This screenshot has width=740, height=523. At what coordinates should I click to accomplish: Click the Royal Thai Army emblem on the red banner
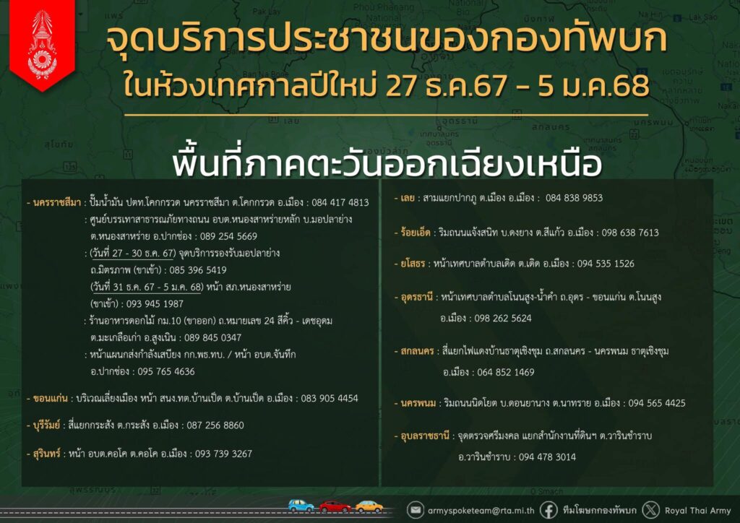pos(42,45)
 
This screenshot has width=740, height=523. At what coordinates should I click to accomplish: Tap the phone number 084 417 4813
pos(340,203)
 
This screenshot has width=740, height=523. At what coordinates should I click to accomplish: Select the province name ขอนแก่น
pos(51,399)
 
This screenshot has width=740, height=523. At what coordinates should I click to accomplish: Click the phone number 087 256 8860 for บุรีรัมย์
pos(215,425)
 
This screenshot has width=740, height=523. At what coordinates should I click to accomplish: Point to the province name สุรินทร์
pos(47,454)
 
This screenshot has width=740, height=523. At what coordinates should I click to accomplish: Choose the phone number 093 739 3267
pos(223,454)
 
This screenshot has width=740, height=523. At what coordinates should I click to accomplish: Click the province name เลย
pos(408,198)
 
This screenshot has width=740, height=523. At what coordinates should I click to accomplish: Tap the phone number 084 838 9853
pos(574,198)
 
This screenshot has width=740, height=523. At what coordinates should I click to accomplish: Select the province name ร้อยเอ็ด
pos(416,233)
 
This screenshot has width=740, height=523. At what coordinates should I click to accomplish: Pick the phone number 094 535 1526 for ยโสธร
pos(606,264)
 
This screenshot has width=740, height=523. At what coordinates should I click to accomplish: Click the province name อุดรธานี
pos(417,297)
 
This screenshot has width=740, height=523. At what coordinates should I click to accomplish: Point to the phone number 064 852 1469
pos(505,372)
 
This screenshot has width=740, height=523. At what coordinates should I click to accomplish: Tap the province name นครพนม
pos(418,403)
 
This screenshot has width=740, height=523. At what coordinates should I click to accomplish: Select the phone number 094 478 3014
pos(547,457)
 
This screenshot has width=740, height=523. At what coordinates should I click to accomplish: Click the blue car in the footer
pos(301,506)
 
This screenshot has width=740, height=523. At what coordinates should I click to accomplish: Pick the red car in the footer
pos(335,506)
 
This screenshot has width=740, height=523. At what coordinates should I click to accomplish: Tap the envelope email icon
pos(416,510)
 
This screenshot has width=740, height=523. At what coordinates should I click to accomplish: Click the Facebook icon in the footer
pos(548,510)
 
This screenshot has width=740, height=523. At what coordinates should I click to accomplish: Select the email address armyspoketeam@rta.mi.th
pos(481,510)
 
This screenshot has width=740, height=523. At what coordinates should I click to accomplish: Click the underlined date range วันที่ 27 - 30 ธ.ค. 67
pos(133,254)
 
